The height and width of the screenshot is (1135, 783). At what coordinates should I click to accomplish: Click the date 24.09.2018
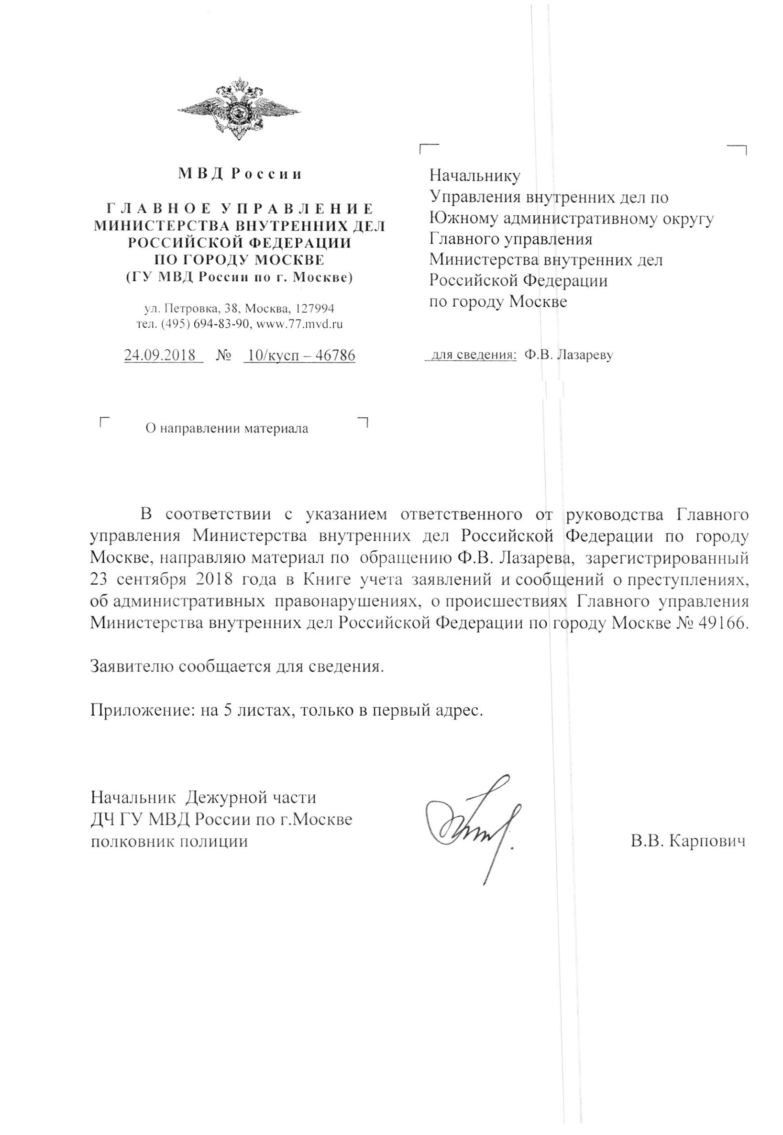160,355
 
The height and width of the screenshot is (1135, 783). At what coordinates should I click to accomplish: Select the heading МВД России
240,174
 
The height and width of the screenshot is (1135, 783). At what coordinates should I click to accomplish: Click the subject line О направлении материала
228,429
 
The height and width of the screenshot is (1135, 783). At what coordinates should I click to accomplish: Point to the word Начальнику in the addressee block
474,175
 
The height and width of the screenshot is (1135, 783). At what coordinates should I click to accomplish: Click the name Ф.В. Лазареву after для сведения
569,355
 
